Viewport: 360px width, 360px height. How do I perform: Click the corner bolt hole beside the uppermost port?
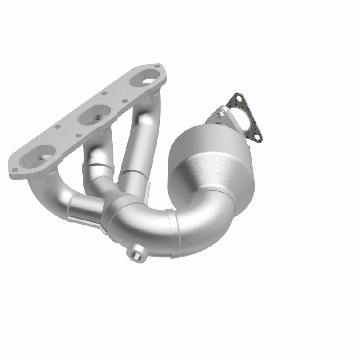pos(156,67)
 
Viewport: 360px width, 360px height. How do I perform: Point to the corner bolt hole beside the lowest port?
pos(15,170)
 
